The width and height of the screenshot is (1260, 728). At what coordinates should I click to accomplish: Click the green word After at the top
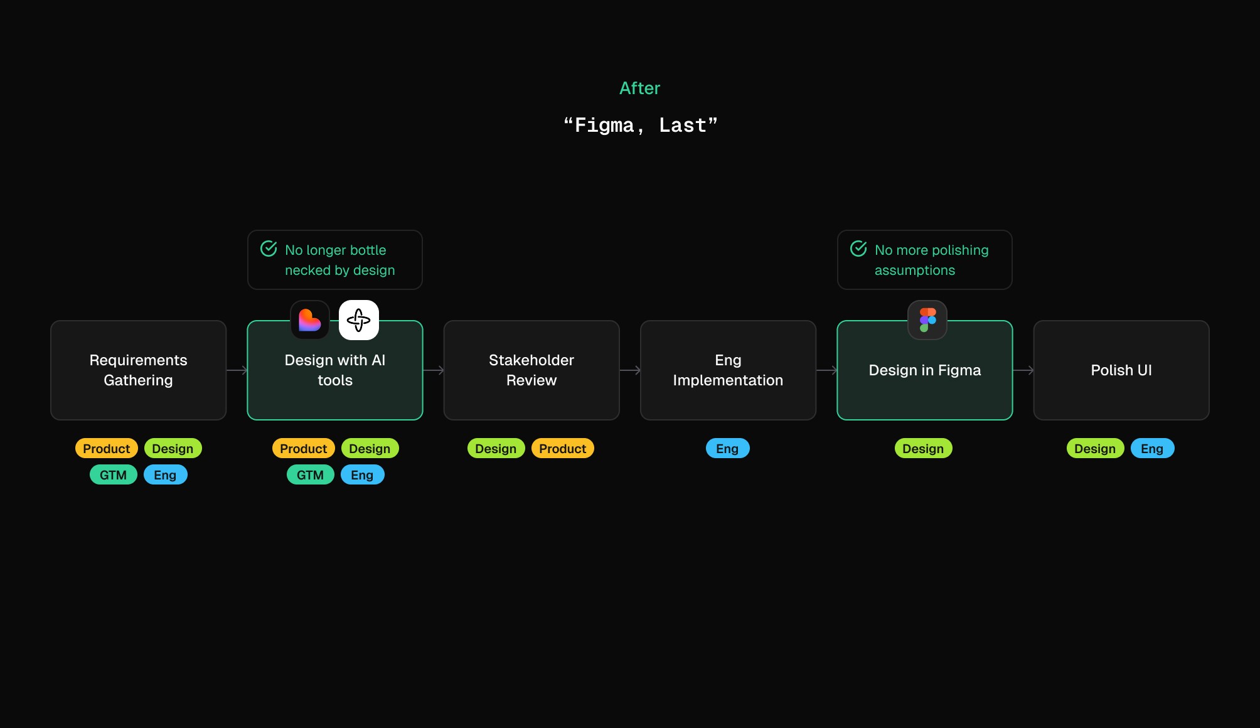coord(639,88)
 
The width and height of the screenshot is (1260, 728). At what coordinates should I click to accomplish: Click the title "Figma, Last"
coord(640,126)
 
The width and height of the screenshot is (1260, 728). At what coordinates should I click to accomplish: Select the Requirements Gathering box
coord(138,370)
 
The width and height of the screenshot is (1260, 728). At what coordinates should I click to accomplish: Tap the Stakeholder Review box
coord(531,370)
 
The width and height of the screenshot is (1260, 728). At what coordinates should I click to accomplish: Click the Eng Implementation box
coord(728,370)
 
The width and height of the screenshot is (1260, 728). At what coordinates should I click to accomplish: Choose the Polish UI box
coord(1121,370)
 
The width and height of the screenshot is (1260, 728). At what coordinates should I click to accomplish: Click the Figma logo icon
coord(927,320)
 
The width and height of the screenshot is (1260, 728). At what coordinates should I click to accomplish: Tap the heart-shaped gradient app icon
coord(310,320)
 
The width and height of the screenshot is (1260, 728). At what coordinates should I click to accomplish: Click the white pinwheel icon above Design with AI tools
coord(359,320)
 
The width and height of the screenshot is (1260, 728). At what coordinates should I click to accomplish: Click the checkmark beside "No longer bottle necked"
coord(269,249)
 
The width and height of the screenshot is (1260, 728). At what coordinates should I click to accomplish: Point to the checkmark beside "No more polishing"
coord(858,249)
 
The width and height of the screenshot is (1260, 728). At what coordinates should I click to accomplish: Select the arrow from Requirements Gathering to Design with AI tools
coord(237,370)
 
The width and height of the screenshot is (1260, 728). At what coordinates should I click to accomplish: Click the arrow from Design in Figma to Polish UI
coord(1023,370)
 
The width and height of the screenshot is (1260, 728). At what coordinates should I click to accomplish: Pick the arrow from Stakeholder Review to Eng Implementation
coord(630,370)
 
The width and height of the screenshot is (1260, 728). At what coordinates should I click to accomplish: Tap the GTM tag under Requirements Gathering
coord(113,475)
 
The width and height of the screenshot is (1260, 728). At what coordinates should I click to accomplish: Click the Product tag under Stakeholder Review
coord(562,449)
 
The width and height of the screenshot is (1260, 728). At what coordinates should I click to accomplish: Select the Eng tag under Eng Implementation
coord(727,449)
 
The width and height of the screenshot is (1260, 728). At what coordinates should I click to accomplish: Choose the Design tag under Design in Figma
coord(923,449)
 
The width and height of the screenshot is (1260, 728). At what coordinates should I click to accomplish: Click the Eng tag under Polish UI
coord(1152,449)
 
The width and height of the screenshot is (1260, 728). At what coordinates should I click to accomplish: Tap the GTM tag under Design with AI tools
coord(310,475)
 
